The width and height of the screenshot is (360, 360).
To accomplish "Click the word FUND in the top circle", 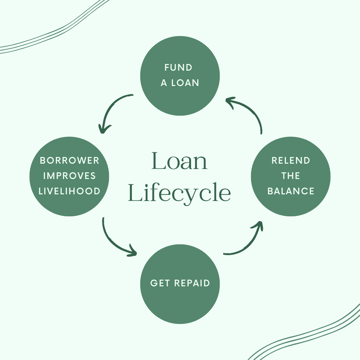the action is [178, 68].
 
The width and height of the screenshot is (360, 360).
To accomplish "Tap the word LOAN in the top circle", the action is [185, 83].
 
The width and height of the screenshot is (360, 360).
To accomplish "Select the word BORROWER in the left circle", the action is [69, 160].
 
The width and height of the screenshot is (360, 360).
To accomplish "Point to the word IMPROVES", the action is [69, 176].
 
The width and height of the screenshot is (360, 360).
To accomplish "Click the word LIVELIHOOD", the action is [69, 191].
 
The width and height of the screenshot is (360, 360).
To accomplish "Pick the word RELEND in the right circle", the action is [291, 160].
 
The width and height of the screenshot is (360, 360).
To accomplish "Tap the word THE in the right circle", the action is [291, 176].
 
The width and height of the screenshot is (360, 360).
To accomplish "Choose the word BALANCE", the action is [291, 191].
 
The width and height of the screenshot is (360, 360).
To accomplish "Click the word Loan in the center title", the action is [180, 161].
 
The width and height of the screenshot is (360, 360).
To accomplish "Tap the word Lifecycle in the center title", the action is [180, 192].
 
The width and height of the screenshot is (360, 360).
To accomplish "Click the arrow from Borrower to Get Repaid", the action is [112, 242].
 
